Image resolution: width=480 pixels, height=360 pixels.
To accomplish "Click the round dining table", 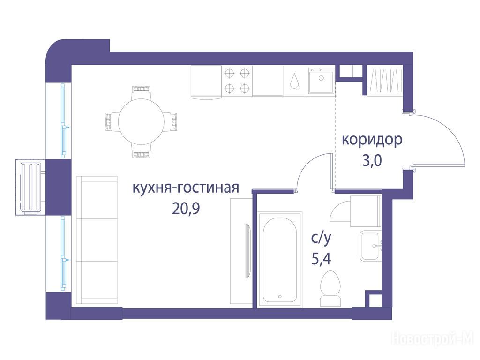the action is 141,121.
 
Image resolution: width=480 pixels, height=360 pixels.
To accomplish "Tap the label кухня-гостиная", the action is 186,187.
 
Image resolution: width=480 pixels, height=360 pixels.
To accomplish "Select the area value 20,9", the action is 186,209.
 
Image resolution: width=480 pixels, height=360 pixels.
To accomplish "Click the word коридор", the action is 372,140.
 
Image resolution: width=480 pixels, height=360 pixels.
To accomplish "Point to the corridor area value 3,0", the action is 372,160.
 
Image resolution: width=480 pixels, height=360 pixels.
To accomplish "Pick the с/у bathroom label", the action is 321,239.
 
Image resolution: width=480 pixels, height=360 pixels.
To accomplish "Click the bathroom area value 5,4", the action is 321,259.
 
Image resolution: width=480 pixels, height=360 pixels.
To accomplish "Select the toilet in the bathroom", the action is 330,288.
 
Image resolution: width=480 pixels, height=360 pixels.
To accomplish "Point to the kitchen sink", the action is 321,81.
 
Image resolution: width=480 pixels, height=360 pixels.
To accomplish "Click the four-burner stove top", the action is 237,81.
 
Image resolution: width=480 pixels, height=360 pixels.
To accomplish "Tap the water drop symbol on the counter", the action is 295,81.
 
